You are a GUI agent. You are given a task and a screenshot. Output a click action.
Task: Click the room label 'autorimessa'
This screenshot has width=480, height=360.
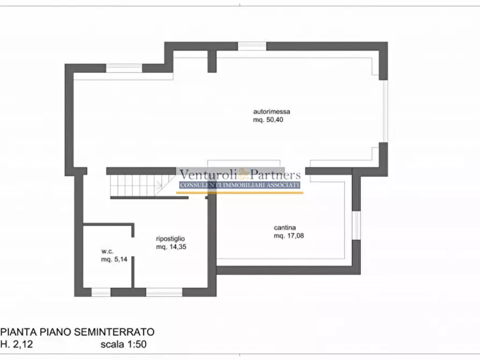(x=268, y=112)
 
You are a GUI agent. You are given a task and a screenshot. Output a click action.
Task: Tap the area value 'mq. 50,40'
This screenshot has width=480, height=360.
(x=268, y=120)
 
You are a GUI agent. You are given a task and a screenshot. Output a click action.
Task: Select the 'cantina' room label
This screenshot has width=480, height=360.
(x=285, y=227)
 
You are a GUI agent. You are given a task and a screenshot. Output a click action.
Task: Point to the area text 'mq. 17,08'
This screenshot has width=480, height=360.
(x=289, y=235)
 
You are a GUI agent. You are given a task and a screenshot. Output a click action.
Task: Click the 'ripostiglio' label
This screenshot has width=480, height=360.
(x=171, y=239)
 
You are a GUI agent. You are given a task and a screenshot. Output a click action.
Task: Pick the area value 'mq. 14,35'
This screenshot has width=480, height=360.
(x=171, y=247)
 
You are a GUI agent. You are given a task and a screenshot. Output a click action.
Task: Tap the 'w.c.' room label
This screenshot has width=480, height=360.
(x=107, y=251)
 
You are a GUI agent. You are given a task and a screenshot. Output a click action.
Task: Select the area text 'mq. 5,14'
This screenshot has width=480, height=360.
(x=113, y=260)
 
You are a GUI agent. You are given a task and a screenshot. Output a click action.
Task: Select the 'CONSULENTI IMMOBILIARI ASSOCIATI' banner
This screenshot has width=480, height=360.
(x=239, y=185)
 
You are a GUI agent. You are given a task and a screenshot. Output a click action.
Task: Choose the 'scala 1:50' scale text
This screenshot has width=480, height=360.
(x=123, y=344)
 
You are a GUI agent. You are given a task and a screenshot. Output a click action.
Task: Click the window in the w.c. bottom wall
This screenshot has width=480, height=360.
(x=101, y=292)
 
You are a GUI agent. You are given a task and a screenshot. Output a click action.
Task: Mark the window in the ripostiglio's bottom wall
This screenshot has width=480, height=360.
(x=164, y=292)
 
